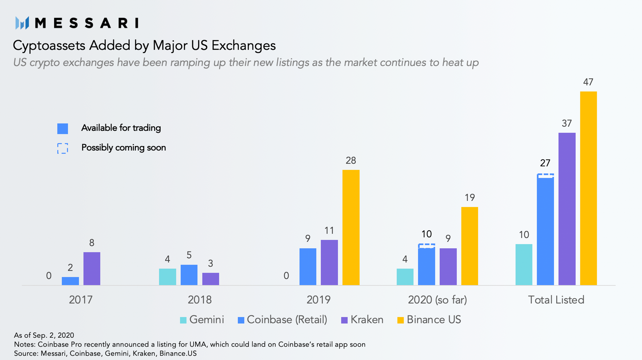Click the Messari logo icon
click(x=22, y=23)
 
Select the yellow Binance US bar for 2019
click(x=351, y=228)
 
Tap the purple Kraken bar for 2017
click(x=92, y=268)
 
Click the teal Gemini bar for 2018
click(x=168, y=277)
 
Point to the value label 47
click(x=588, y=82)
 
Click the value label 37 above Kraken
click(x=566, y=123)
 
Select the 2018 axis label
click(x=200, y=300)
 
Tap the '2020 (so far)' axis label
click(x=437, y=300)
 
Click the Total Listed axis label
click(x=556, y=300)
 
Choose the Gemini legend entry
click(x=202, y=320)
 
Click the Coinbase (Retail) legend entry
click(x=282, y=320)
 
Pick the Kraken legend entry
click(x=362, y=320)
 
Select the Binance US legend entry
click(x=429, y=320)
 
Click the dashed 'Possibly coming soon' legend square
click(x=63, y=148)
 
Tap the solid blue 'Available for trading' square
click(x=63, y=128)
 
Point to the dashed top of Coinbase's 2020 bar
click(x=426, y=246)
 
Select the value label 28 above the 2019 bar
click(x=351, y=161)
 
